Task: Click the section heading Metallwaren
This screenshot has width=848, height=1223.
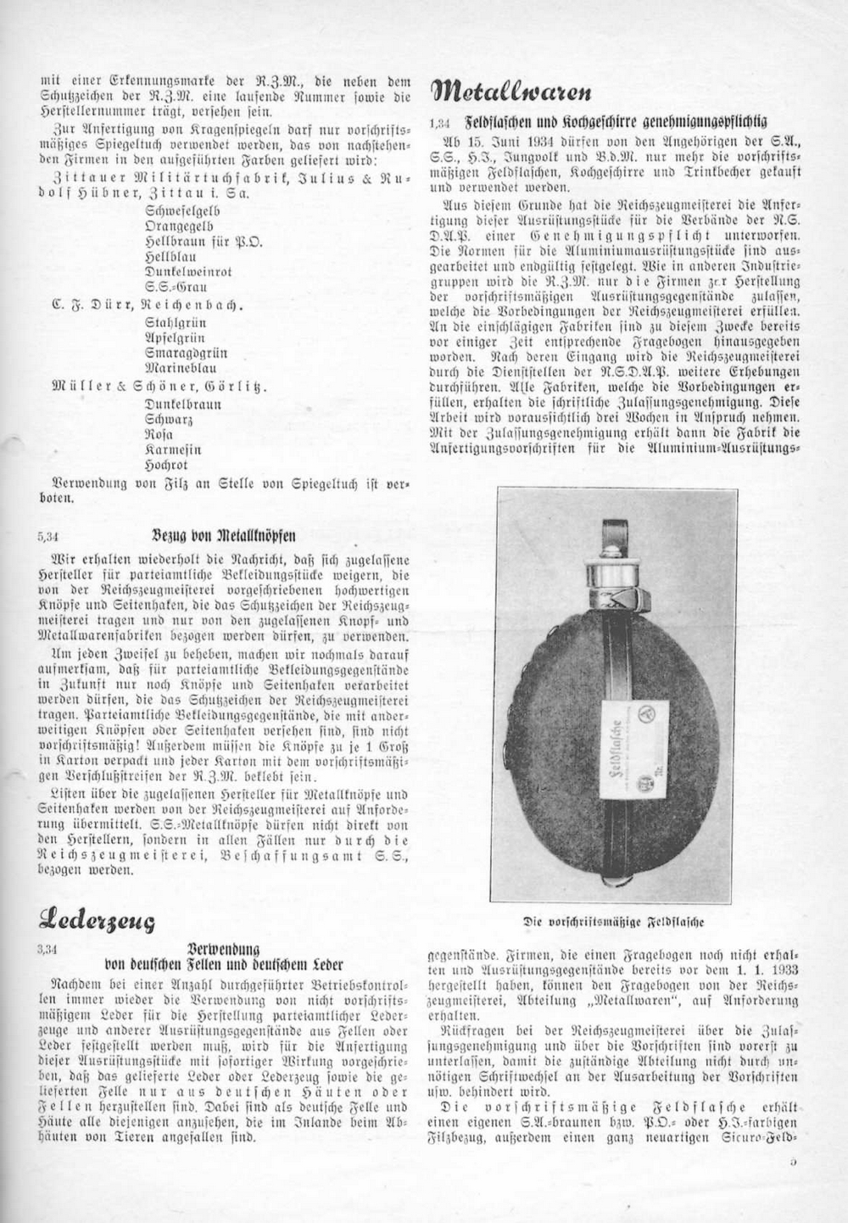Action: tap(511, 90)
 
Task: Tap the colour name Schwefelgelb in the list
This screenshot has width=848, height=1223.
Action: tap(183, 210)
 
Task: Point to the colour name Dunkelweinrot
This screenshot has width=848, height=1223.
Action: tap(188, 271)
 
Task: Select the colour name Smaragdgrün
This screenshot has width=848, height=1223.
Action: tap(186, 353)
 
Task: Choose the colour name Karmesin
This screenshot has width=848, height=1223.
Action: tap(173, 450)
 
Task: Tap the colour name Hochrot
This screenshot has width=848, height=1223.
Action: tap(166, 466)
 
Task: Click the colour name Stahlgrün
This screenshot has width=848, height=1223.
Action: tap(176, 322)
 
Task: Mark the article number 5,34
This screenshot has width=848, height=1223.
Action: tap(49, 536)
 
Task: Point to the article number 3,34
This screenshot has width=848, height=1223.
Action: tap(49, 951)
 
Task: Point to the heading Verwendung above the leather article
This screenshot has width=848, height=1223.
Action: tap(224, 950)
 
